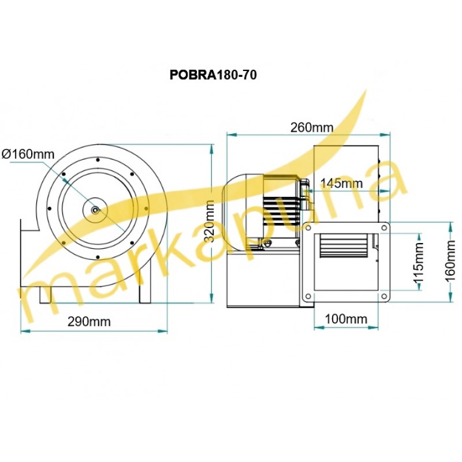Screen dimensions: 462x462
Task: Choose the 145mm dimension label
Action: [341, 184]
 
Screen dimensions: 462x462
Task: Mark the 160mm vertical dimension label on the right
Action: [456, 262]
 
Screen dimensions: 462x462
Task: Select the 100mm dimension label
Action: [346, 319]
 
